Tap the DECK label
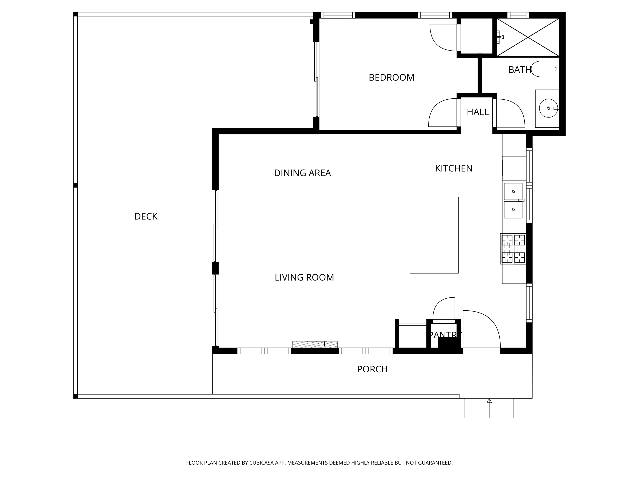click(x=146, y=216)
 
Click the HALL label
click(x=478, y=112)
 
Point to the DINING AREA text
click(x=302, y=173)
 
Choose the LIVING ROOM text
click(x=304, y=277)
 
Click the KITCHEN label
click(x=453, y=168)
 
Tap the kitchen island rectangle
click(x=434, y=235)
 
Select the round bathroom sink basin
click(x=548, y=108)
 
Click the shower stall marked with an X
click(x=528, y=37)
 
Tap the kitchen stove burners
click(x=513, y=249)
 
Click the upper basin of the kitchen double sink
click(x=513, y=191)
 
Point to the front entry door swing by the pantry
click(x=481, y=329)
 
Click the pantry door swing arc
click(x=444, y=309)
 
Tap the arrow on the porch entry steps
click(x=489, y=401)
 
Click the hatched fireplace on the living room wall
click(x=315, y=344)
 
